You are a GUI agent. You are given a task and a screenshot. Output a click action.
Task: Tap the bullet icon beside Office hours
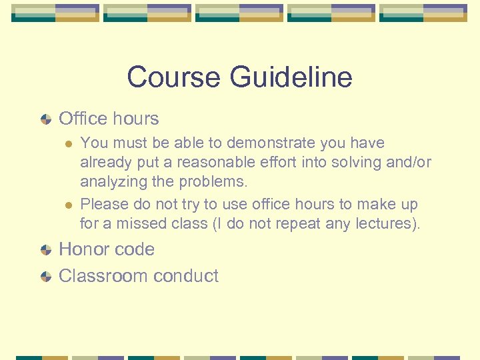45,119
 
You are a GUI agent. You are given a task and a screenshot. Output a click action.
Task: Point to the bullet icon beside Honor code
45,250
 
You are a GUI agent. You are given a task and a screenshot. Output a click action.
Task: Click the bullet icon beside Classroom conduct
45,277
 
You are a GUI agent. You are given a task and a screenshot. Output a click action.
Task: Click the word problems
217,181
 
